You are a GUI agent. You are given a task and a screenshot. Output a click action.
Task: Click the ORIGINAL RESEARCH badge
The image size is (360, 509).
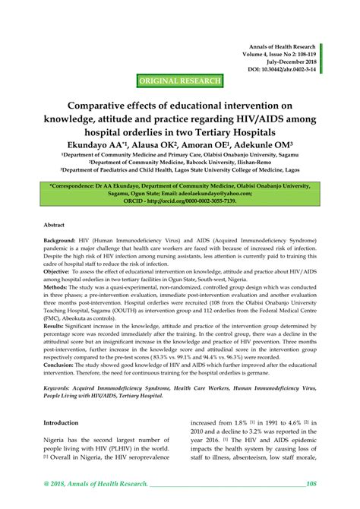[x=180, y=81]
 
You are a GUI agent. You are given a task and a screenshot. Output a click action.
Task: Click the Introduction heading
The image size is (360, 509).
[x=61, y=422]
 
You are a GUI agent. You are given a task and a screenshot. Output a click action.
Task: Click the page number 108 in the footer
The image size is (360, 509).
[x=310, y=483]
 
